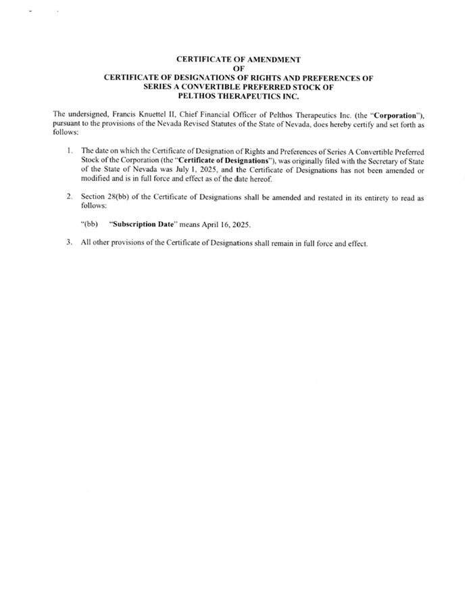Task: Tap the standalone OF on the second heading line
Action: pos(238,68)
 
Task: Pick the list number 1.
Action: pos(69,149)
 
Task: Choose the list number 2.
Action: pos(69,196)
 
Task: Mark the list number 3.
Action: pos(69,243)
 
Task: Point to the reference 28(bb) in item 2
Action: pos(126,196)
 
